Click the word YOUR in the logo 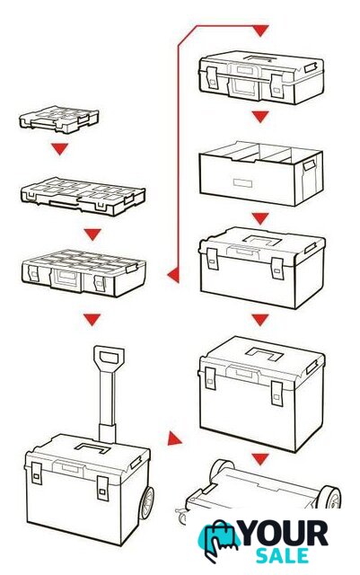285,533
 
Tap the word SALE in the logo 282,555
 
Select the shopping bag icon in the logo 219,540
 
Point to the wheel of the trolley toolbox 146,502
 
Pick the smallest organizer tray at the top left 59,119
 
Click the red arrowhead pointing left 173,275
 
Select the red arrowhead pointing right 174,438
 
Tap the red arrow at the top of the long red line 260,31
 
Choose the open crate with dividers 261,172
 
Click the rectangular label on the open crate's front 242,182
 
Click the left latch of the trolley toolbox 36,474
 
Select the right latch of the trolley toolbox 102,489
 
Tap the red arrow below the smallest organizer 60,149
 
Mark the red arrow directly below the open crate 260,219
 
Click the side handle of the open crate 309,165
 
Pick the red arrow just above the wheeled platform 260,459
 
